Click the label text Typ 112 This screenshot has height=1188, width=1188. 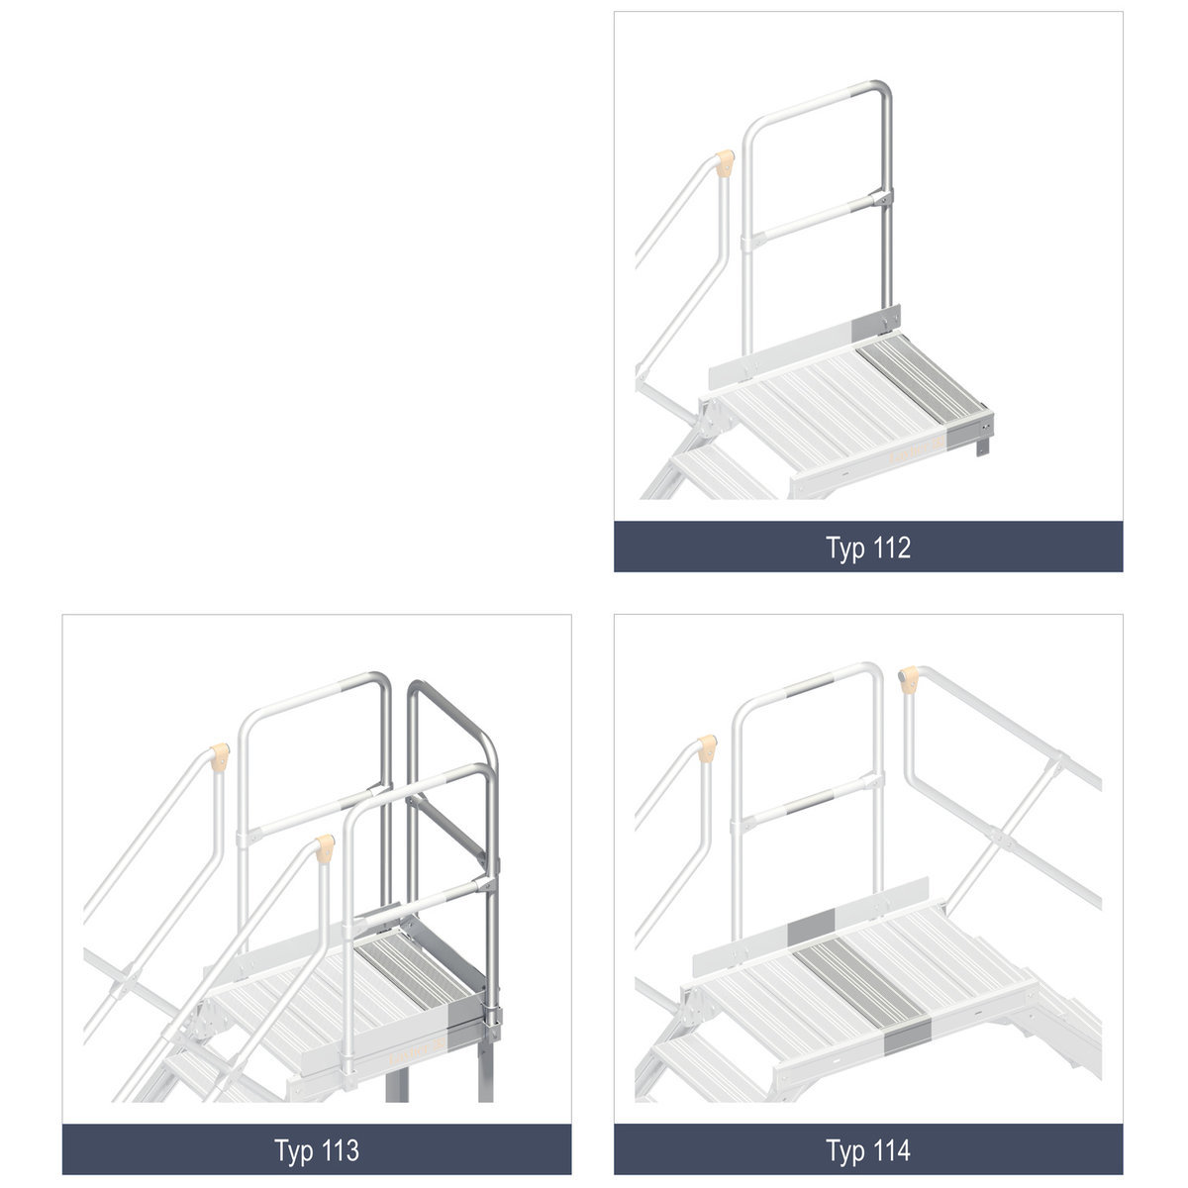tap(867, 547)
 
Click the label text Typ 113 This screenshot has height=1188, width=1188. tap(316, 1149)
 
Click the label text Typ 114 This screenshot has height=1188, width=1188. tap(867, 1149)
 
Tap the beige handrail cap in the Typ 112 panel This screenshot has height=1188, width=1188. tap(725, 162)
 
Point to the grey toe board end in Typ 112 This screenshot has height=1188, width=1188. tap(876, 321)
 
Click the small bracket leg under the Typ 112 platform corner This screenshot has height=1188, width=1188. tap(983, 444)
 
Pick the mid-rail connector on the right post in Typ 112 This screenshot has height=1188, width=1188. tap(882, 199)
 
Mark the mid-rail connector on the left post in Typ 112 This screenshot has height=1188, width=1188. tap(749, 241)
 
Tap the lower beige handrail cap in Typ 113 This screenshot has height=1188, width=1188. tap(325, 848)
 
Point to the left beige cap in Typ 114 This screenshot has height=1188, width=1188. tap(707, 748)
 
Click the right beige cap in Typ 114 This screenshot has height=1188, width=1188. tap(909, 679)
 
